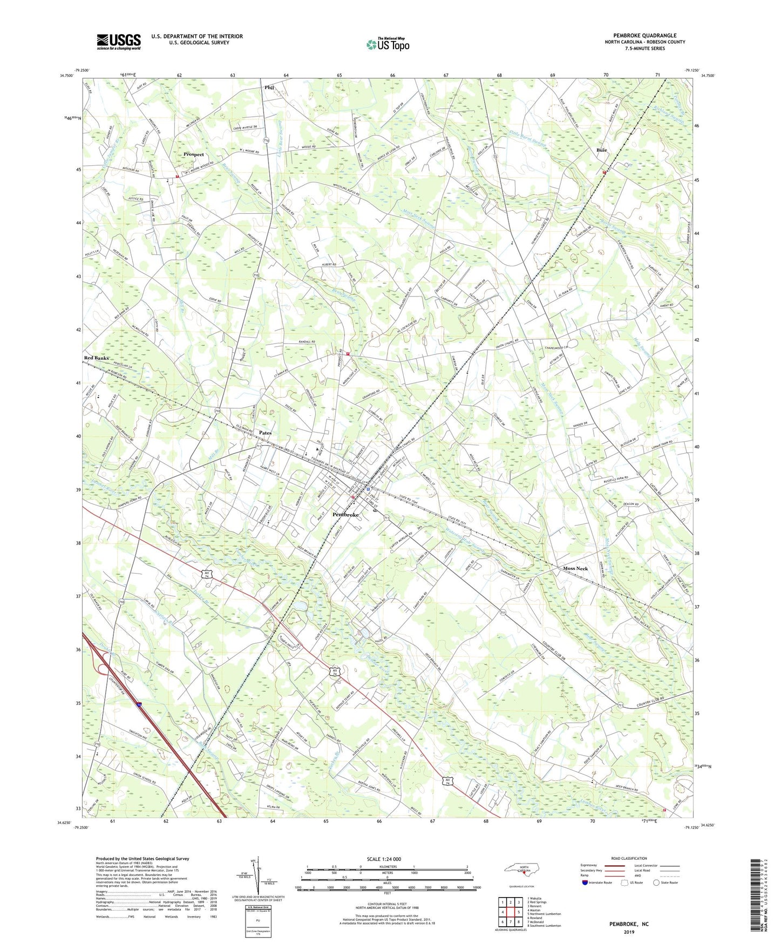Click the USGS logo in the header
(119, 42)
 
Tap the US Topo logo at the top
(388, 44)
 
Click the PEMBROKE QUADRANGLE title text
(645, 36)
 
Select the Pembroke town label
(345, 515)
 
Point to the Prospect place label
(194, 154)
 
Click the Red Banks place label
(96, 358)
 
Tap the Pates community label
(265, 433)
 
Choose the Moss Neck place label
(575, 569)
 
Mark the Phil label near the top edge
(269, 87)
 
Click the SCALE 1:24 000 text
(384, 859)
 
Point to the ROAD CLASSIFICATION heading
(629, 858)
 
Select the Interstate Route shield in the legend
(585, 883)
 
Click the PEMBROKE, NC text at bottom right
(629, 924)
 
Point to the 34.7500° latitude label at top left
(67, 76)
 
